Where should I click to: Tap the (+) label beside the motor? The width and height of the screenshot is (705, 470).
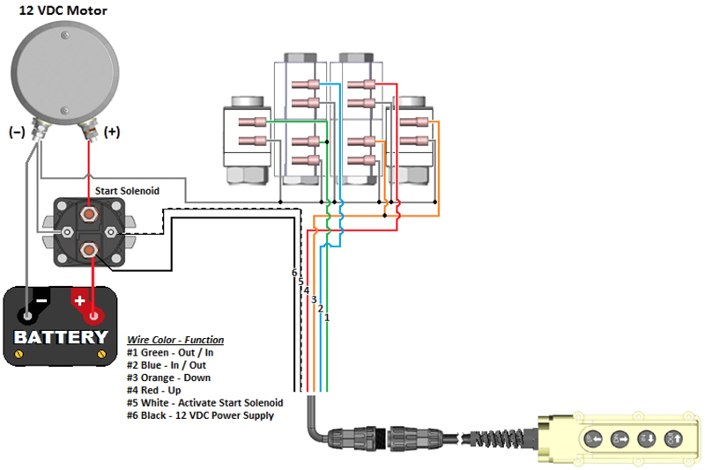[x=112, y=133]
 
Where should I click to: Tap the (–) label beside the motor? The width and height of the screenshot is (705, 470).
[x=16, y=133]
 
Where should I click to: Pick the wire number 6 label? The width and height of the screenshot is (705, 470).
[x=294, y=273]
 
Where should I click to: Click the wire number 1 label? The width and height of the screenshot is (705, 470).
[x=327, y=317]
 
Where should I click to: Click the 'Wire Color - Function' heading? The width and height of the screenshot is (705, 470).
[x=175, y=340]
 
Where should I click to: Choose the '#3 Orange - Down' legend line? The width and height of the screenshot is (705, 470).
[x=169, y=378]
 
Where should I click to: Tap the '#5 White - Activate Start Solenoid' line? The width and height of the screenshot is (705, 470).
[x=205, y=402]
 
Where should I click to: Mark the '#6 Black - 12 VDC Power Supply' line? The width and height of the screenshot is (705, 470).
[x=200, y=415]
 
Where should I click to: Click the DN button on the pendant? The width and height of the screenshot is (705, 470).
[x=647, y=437]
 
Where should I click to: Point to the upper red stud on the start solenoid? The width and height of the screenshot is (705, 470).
[x=89, y=212]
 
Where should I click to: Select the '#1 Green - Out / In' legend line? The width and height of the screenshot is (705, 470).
[x=170, y=352]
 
